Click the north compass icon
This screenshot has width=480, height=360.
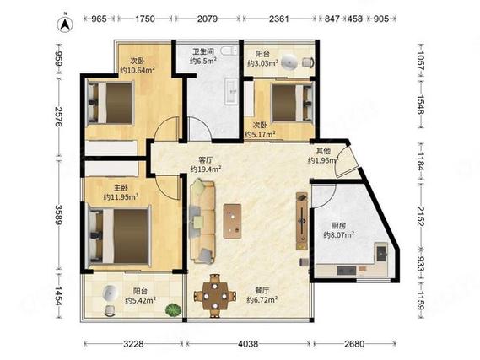click(65, 24)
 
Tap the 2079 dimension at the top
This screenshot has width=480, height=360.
click(208, 19)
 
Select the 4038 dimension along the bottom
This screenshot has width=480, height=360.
click(248, 344)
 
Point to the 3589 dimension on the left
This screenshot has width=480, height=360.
click(58, 215)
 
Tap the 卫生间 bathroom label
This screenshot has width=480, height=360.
click(203, 51)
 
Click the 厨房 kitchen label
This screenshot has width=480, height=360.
click(339, 226)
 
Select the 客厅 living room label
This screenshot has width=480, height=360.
click(206, 160)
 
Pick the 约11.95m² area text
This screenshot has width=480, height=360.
click(121, 196)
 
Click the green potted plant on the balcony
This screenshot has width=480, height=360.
click(173, 309)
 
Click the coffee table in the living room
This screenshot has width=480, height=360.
click(232, 221)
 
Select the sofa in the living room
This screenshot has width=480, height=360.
click(202, 222)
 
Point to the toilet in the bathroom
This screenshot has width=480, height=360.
click(229, 51)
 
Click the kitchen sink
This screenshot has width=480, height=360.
click(382, 252)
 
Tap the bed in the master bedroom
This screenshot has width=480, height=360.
click(120, 236)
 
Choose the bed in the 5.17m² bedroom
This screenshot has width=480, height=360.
click(293, 103)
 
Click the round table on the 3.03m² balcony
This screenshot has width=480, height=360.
click(289, 62)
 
